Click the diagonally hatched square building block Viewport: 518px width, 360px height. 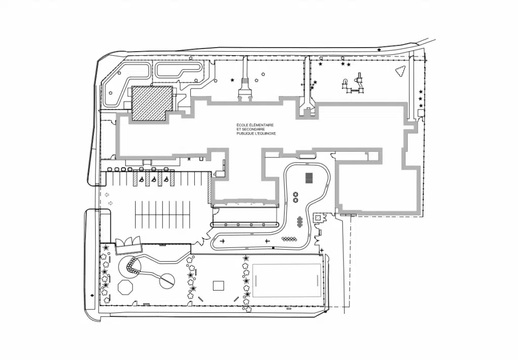152,103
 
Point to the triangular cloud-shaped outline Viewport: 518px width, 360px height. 401,71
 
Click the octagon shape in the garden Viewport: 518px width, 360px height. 125,287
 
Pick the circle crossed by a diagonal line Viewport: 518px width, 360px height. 167,281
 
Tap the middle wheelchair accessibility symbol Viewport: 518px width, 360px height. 154,180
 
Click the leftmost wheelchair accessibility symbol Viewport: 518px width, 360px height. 142,180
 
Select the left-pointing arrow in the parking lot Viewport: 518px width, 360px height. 106,195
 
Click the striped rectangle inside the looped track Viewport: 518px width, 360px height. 309,178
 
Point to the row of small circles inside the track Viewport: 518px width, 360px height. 288,238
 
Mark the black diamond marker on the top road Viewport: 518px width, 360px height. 379,50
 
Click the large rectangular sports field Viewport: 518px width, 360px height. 287,281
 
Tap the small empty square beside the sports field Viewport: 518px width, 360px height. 219,286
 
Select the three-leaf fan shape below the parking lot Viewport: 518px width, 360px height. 128,242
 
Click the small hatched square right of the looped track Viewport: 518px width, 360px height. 318,218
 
